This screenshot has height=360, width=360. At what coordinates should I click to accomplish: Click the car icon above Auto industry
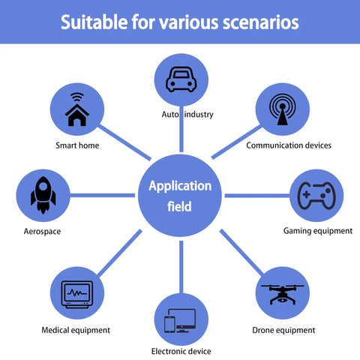click(181, 79)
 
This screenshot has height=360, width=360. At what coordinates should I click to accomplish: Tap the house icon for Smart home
click(77, 109)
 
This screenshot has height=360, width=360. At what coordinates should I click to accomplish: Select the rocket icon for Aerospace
click(43, 195)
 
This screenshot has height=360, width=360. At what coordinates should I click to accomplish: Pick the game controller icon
click(316, 196)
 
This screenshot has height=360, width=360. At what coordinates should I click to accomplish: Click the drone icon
click(283, 295)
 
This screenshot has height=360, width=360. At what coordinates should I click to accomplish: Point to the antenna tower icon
click(283, 109)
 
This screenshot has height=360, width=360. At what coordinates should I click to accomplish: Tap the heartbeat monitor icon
click(77, 295)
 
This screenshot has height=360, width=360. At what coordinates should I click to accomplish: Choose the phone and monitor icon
click(180, 321)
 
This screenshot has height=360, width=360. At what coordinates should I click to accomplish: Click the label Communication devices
click(289, 145)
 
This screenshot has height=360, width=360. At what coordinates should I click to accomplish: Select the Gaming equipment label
click(318, 231)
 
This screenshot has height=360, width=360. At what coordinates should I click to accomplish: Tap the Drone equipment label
click(283, 330)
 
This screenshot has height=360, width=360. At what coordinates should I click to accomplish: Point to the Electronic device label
click(181, 351)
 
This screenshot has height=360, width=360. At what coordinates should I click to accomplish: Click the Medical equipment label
click(76, 330)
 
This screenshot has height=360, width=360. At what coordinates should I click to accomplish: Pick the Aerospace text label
click(42, 232)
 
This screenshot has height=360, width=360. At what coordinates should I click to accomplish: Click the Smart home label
click(77, 145)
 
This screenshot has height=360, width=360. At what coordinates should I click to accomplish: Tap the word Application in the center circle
click(180, 187)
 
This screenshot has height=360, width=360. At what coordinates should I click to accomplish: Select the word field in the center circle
click(179, 206)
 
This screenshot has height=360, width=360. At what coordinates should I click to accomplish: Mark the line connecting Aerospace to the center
click(103, 195)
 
